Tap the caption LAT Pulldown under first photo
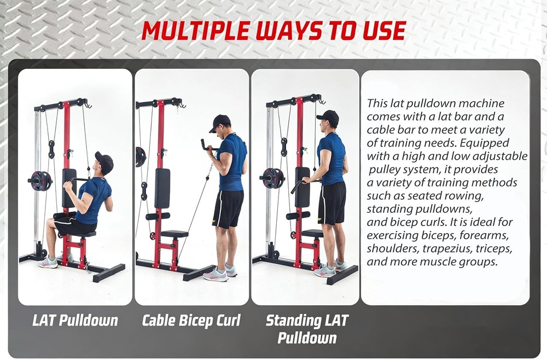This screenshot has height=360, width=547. (75, 320)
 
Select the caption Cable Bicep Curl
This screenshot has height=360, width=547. (191, 320)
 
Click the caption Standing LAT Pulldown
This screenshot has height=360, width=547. (307, 329)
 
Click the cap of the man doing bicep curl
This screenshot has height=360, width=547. (220, 121)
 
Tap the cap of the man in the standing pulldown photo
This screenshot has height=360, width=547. (328, 116)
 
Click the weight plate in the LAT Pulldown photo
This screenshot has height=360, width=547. (39, 181)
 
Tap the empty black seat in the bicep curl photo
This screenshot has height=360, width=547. (174, 234)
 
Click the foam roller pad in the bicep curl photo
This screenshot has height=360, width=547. (158, 216)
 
